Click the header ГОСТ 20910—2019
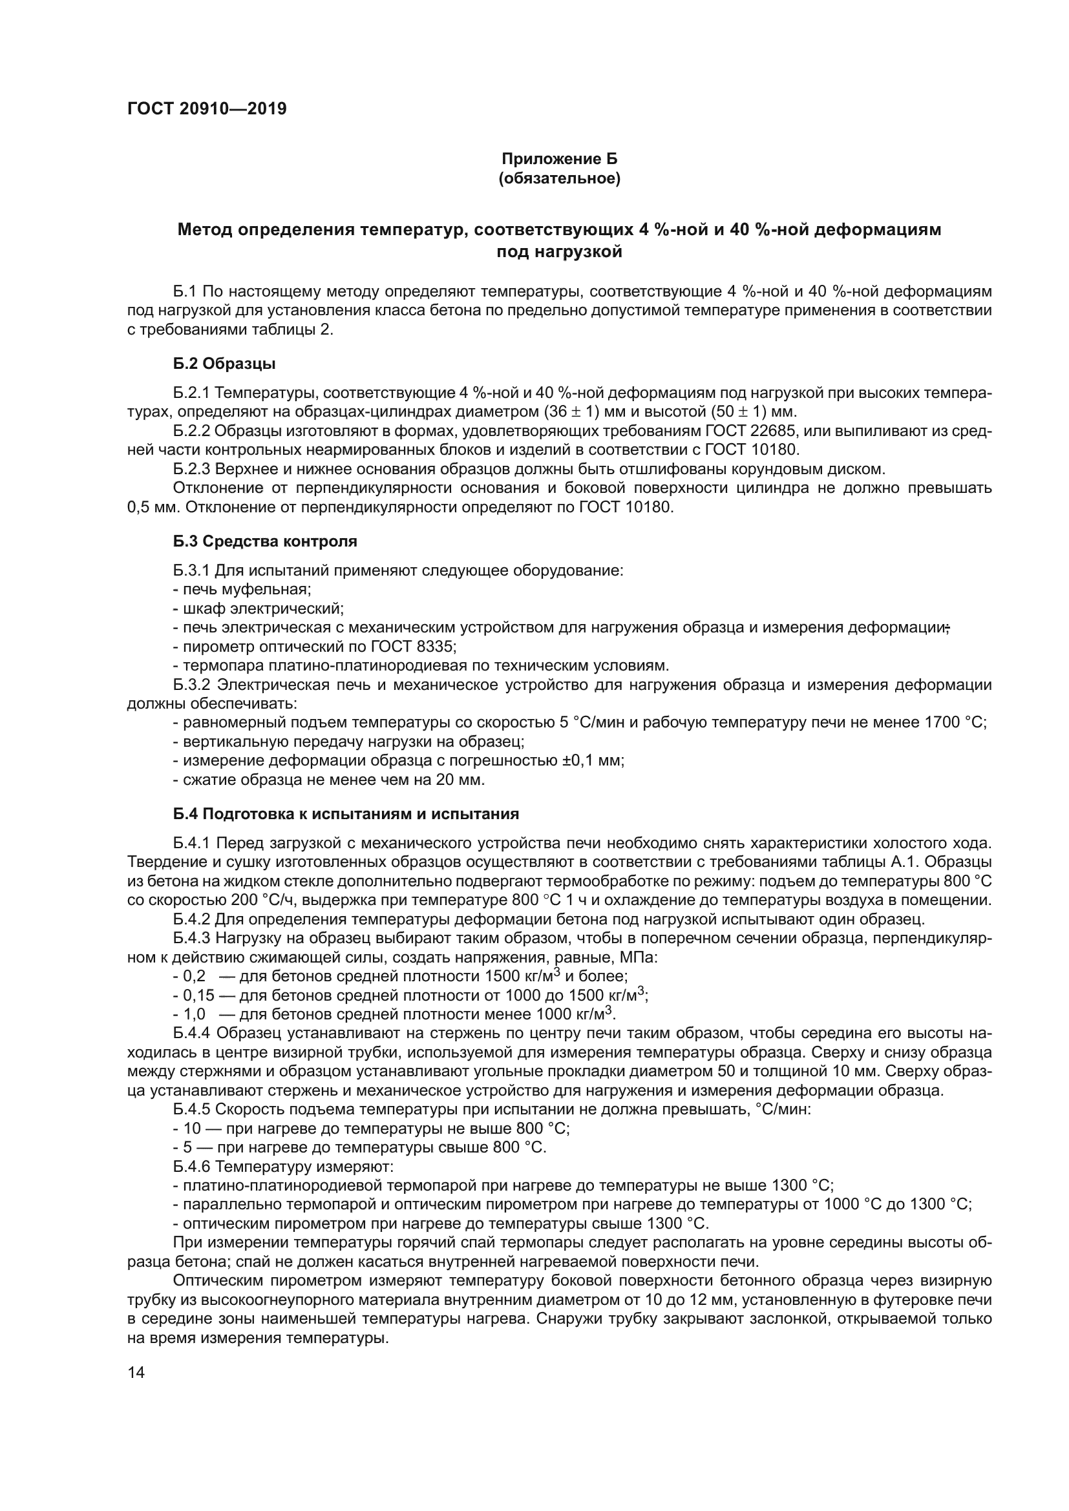tap(207, 109)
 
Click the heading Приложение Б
tap(560, 159)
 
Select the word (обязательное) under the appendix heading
tap(560, 178)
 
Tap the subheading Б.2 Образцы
tap(224, 364)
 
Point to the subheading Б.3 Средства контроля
tap(265, 541)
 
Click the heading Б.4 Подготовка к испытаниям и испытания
tap(346, 814)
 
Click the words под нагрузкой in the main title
tap(560, 252)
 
